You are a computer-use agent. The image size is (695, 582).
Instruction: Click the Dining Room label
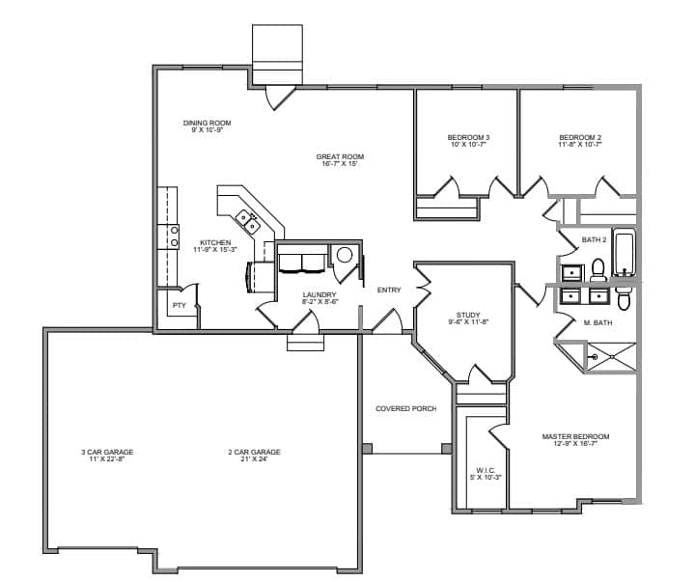click(x=207, y=123)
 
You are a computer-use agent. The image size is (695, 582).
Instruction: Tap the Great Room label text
click(x=340, y=156)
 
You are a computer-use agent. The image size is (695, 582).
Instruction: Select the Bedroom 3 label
click(x=468, y=137)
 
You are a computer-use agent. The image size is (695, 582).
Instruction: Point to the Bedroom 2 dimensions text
click(x=580, y=145)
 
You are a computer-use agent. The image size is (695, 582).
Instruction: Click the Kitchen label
click(x=215, y=242)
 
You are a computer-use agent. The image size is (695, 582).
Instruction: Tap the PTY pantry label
click(x=180, y=305)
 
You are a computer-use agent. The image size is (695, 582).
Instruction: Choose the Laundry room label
click(x=320, y=294)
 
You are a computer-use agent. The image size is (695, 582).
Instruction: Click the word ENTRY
click(x=389, y=290)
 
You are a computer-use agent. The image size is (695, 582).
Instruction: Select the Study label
click(x=468, y=316)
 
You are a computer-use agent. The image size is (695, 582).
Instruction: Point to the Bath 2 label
click(x=594, y=239)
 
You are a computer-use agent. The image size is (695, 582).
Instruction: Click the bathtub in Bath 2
click(x=625, y=252)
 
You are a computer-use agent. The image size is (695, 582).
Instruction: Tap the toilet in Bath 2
click(x=598, y=270)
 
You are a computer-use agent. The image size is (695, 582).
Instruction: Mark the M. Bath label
click(x=598, y=322)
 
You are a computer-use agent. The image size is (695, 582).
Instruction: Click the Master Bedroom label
click(x=575, y=436)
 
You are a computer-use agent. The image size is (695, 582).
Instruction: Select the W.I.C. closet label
click(x=486, y=470)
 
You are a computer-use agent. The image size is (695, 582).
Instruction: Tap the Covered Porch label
click(x=406, y=408)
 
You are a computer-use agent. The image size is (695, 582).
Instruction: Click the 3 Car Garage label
click(x=107, y=452)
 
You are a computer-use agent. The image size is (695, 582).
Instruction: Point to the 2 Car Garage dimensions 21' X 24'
click(x=255, y=459)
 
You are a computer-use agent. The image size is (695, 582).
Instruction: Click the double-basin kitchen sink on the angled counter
click(x=248, y=222)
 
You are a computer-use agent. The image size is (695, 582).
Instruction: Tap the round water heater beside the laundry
click(x=345, y=255)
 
